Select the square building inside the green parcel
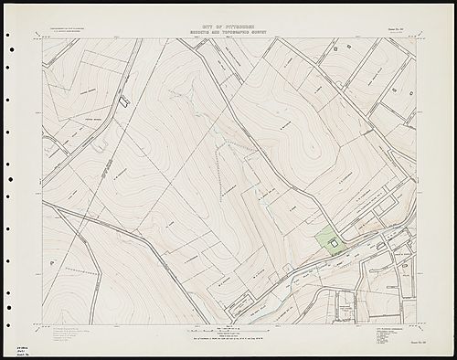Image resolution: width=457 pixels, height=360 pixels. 335,242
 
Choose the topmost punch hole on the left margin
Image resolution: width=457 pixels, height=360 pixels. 8,36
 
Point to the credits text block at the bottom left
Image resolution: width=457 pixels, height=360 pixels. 73,334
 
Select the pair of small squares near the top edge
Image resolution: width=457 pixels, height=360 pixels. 340,43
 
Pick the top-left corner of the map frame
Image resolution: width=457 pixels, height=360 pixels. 42,38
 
